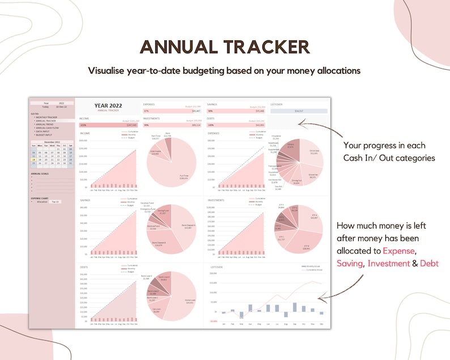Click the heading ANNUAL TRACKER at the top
225,46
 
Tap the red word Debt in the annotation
429,264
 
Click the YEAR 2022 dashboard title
108,106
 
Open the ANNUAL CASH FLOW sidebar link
48,128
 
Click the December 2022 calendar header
52,142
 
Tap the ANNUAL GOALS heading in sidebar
40,173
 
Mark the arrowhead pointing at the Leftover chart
320,298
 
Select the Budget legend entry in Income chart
130,138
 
